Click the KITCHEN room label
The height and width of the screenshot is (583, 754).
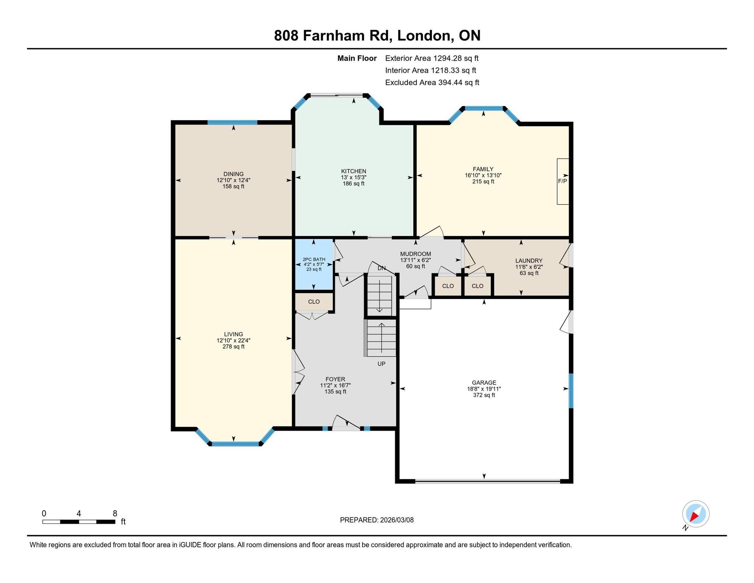click(353, 171)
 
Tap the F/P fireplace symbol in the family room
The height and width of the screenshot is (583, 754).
click(563, 181)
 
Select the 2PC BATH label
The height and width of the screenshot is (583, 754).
click(314, 259)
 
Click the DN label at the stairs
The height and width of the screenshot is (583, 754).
click(381, 268)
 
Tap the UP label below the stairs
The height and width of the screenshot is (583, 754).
click(381, 364)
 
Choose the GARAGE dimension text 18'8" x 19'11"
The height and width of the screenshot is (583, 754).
click(484, 389)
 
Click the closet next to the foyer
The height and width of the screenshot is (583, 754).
click(314, 302)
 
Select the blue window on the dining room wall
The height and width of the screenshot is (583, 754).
click(232, 123)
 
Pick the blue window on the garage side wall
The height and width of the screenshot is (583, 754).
click(571, 391)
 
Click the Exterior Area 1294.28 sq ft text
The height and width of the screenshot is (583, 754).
click(432, 58)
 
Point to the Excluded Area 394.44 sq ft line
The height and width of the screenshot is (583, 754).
click(432, 82)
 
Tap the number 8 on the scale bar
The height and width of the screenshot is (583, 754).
click(115, 513)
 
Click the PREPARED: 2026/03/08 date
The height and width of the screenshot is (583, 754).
click(377, 520)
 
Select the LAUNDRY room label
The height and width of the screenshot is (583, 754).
click(529, 261)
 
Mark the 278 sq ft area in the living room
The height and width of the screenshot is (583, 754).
click(233, 347)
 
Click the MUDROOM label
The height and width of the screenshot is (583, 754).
click(415, 254)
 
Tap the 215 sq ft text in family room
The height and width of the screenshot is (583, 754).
click(483, 182)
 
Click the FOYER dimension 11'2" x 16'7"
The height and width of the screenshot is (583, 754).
click(335, 386)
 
